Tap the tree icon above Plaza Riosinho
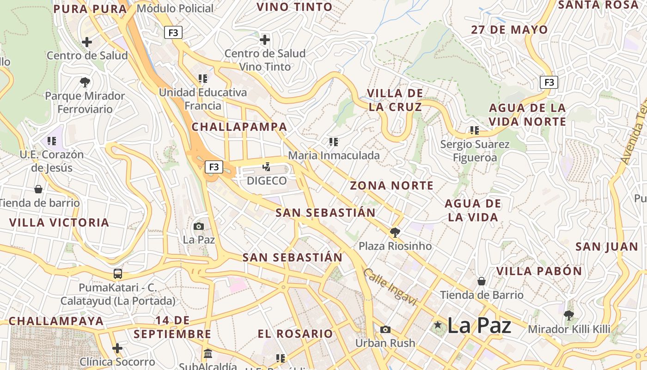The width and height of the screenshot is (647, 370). click(395, 232)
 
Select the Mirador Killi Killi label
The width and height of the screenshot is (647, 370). click(569, 329)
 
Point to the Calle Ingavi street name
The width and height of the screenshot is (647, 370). click(390, 287)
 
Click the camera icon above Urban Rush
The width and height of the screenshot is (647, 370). click(385, 329)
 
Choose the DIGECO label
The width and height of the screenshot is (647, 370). click(267, 181)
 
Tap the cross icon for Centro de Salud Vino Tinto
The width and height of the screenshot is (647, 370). click(265, 40)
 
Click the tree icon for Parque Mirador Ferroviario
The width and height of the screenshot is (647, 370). click(85, 82)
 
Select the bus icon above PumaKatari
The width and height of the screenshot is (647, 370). click(118, 274)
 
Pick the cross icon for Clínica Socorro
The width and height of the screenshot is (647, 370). click(117, 348)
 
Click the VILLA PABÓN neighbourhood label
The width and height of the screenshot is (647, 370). click(539, 271)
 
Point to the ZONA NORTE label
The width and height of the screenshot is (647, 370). click(392, 186)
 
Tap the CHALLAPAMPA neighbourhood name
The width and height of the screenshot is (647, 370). click(239, 127)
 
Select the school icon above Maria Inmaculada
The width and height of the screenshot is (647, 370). click(333, 142)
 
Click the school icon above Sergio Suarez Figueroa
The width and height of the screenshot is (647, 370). click(474, 130)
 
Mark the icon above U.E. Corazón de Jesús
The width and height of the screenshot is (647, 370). click(51, 141)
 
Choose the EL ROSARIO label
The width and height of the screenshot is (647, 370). click(295, 333)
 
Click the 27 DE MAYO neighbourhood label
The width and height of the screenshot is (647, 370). click(509, 30)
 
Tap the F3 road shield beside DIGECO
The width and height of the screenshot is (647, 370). click(214, 167)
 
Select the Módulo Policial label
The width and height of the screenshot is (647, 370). click(175, 8)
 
